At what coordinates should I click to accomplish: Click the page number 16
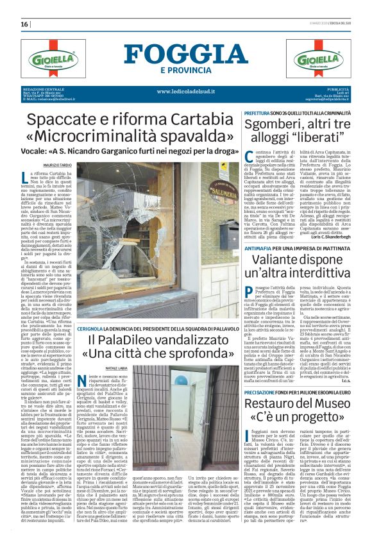coord(24,24)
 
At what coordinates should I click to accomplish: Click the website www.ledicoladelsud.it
coord(186,91)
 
